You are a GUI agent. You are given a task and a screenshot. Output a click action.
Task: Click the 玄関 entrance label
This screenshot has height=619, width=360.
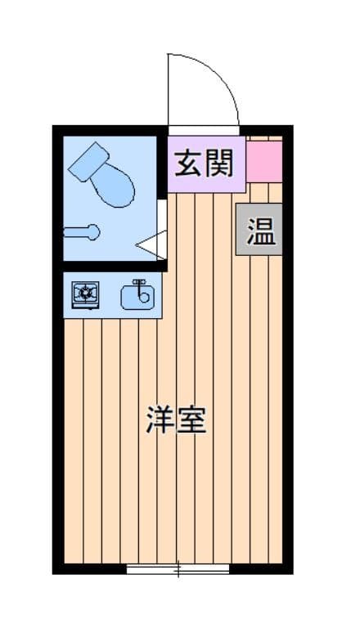tap(205, 164)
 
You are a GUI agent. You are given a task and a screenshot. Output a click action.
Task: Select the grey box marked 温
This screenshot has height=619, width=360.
tap(259, 229)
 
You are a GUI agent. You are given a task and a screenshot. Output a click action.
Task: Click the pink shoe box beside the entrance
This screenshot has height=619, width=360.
tap(264, 162)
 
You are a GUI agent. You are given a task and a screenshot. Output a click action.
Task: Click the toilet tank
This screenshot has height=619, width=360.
tap(88, 162)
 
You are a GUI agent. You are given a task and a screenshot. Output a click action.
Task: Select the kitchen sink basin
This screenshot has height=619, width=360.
tap(137, 298)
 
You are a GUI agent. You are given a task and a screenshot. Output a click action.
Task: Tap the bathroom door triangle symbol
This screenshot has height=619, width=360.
tap(151, 244)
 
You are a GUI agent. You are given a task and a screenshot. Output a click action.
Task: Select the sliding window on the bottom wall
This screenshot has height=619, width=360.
tap(178, 569)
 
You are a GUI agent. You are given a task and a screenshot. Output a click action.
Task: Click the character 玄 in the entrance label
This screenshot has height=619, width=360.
tap(189, 164)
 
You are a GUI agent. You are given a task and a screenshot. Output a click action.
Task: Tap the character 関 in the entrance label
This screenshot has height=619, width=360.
tap(220, 164)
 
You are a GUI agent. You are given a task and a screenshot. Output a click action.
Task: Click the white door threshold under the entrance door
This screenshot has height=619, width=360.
tap(204, 131)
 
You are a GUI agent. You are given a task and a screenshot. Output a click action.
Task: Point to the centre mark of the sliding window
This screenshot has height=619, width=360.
tap(178, 569)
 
